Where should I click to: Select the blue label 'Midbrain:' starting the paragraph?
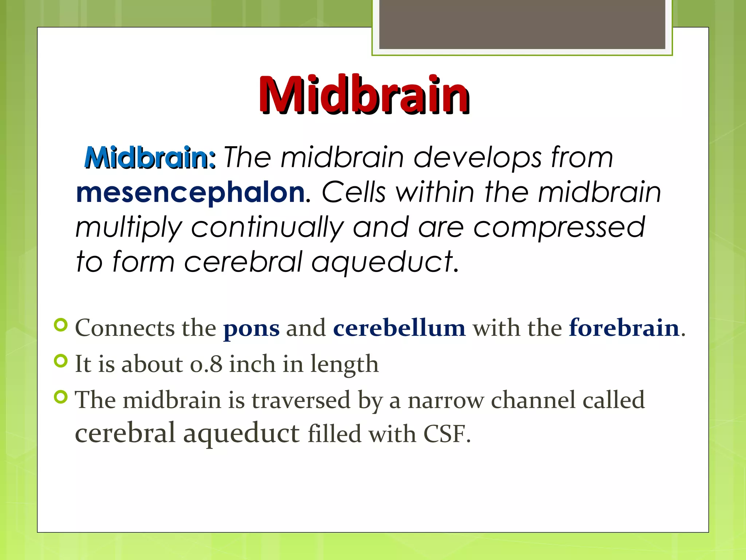(150, 158)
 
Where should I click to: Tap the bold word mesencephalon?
(190, 192)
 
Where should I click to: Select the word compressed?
(559, 227)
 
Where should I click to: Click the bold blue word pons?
(251, 328)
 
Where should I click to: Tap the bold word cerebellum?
(399, 328)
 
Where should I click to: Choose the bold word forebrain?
(624, 328)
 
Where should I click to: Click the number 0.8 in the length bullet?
(206, 364)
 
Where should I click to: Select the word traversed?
(301, 400)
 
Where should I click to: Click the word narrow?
(445, 400)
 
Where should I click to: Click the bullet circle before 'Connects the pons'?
(61, 325)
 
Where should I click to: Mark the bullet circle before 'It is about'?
(61, 361)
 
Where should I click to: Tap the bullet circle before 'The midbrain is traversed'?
(61, 397)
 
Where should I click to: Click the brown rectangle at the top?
(522, 24)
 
